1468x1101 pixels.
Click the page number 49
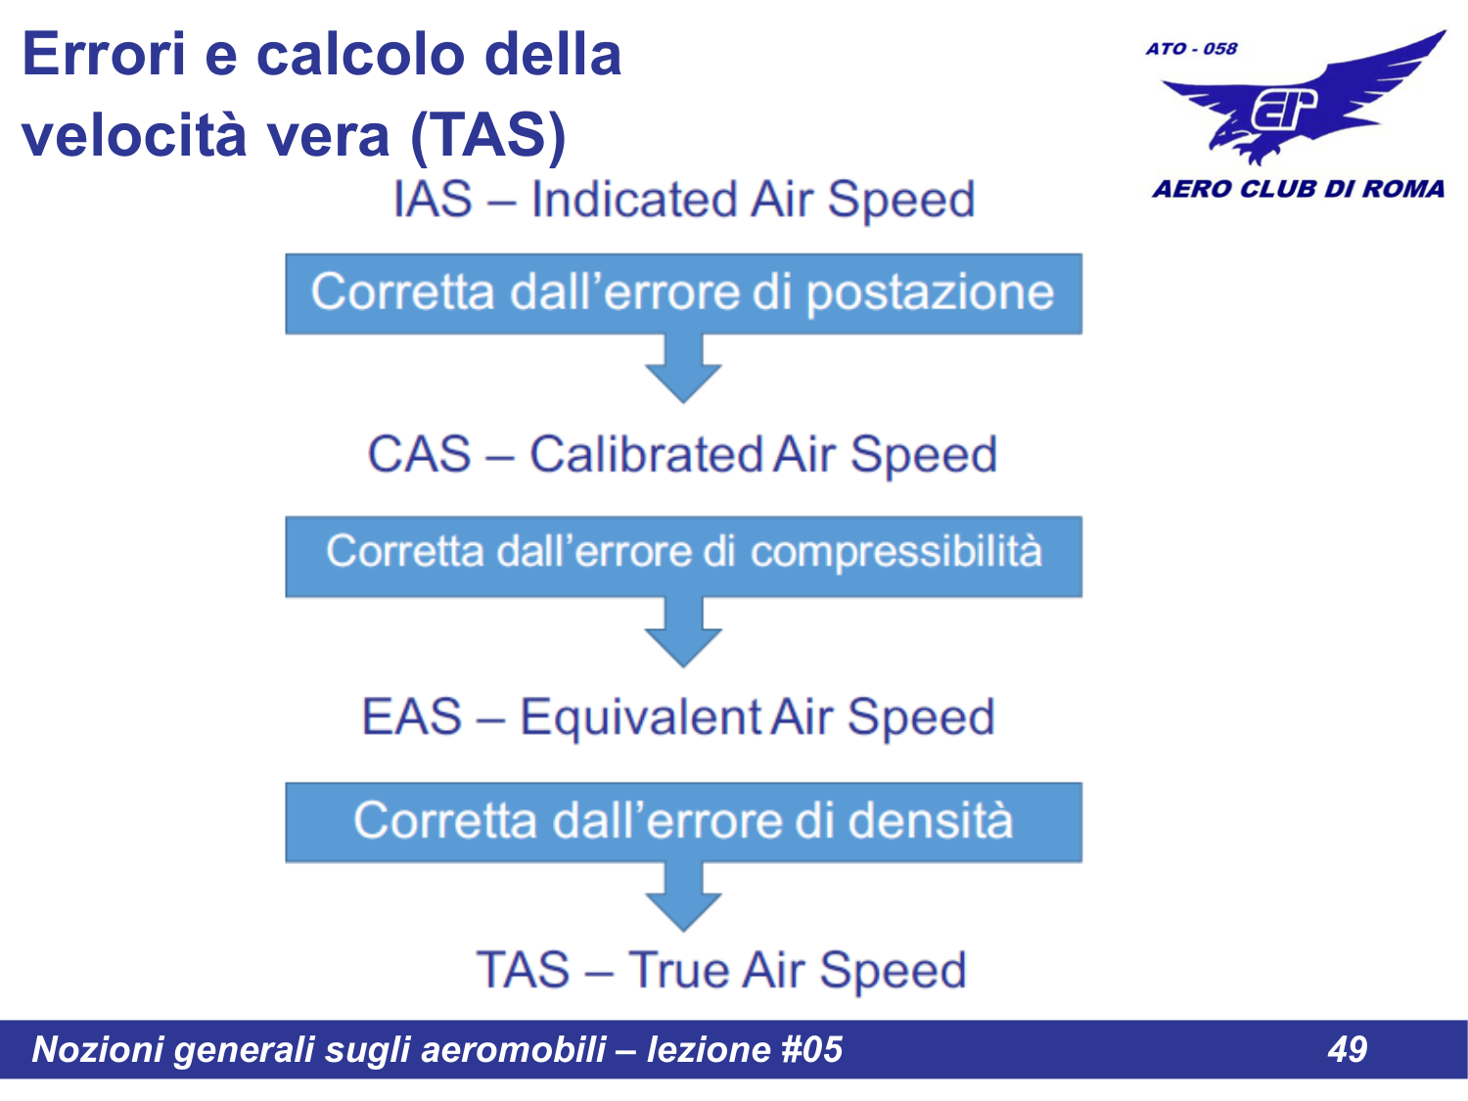[1347, 1049]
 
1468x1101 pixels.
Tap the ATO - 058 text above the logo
[1191, 49]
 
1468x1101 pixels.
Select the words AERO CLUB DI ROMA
[1298, 189]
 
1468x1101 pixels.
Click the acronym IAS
[432, 200]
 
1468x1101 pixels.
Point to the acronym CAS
[419, 455]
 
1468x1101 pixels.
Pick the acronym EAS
[411, 716]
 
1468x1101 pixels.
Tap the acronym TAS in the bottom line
[523, 971]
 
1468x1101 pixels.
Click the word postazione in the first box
[930, 293]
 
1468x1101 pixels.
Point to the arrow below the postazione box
[683, 370]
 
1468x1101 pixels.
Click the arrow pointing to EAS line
[683, 634]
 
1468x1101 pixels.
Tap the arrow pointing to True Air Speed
[683, 898]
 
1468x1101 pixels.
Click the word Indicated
[634, 200]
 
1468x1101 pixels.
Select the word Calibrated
[646, 455]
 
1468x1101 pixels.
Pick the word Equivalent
[640, 716]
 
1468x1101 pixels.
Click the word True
[678, 971]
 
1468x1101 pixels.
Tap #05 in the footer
[811, 1049]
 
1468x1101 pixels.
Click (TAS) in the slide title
[487, 134]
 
